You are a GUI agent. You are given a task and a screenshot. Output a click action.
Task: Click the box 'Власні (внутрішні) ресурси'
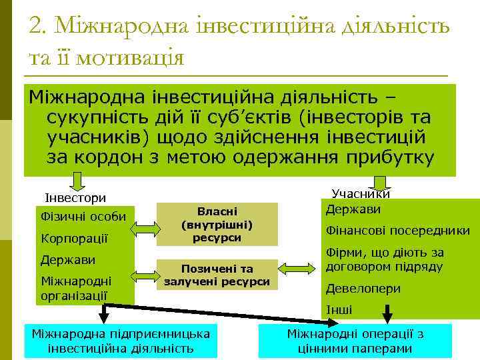pos(217,223)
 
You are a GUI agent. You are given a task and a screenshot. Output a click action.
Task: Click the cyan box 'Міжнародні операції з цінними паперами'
pos(355,341)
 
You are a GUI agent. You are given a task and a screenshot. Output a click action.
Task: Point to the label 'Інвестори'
pos(75,198)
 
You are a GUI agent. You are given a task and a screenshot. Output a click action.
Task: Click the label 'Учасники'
pos(361,194)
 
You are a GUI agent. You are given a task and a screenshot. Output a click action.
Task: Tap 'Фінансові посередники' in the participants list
pos(397,231)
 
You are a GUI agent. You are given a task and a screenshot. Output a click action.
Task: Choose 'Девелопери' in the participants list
pos(363,289)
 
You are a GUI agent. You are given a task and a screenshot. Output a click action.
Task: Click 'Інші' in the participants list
pos(339,310)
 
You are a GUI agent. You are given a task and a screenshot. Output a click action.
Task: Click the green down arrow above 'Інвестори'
pos(78,182)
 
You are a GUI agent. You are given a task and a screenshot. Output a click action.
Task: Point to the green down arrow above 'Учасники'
pos(381,182)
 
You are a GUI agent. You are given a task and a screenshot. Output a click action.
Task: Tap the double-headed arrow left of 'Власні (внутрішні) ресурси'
pos(144,227)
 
